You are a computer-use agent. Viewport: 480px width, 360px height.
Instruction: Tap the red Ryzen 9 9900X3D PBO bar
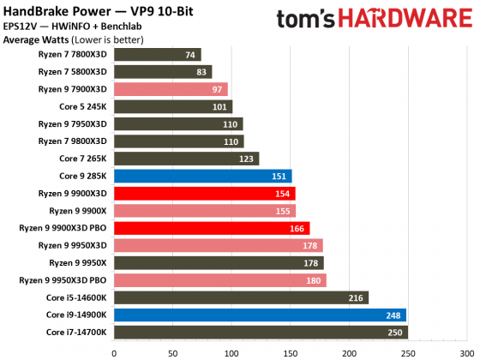[x=211, y=228]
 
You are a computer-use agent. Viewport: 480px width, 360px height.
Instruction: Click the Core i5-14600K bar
[x=240, y=297]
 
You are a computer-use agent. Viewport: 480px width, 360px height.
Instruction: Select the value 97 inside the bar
[x=218, y=89]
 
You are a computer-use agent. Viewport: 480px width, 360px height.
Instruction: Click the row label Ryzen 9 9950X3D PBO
[x=62, y=280]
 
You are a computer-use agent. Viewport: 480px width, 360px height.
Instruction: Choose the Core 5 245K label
[x=82, y=106]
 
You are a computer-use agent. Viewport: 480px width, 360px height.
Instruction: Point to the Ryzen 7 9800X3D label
[x=73, y=141]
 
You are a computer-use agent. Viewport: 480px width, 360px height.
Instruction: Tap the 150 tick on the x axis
[x=290, y=351]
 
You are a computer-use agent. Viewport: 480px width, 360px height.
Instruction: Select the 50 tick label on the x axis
[x=172, y=351]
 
